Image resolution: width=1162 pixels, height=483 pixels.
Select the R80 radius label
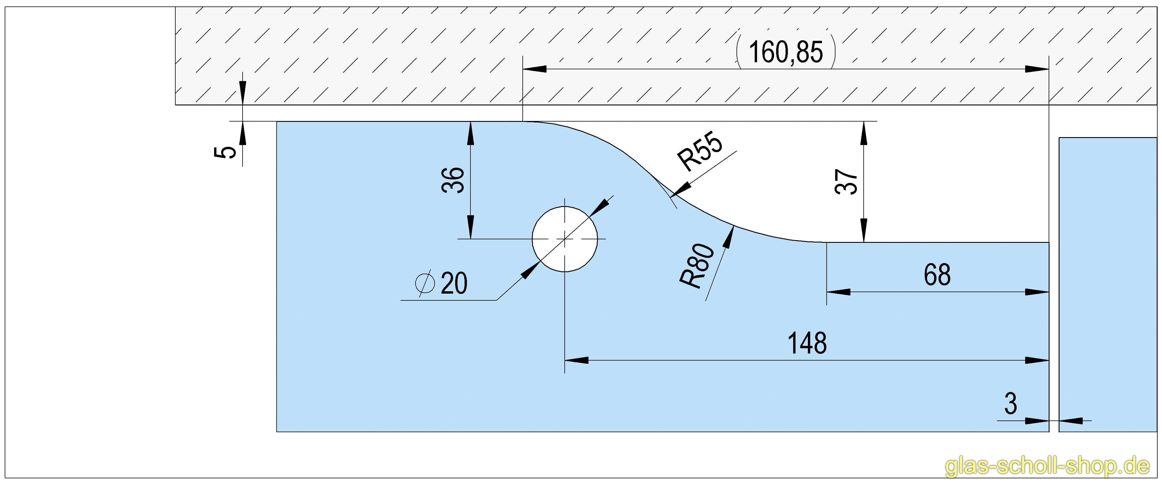[697, 266]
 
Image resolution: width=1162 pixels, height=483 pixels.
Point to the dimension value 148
[807, 343]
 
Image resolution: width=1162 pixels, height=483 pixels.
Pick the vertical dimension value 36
[453, 180]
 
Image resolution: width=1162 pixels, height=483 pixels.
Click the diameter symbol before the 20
[424, 283]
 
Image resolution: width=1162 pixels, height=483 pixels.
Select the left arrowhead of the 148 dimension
[576, 360]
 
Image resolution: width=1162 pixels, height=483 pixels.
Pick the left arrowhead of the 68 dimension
[838, 292]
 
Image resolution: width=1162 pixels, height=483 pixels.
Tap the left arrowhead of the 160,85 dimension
[534, 69]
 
